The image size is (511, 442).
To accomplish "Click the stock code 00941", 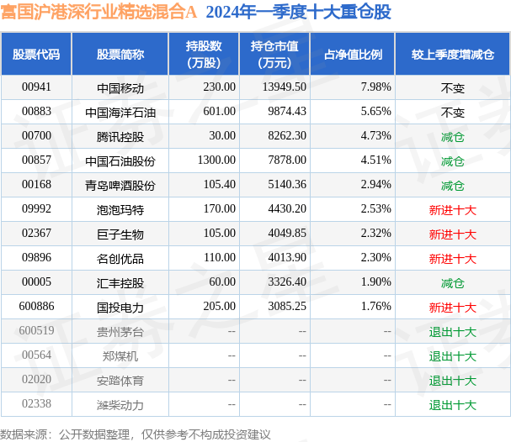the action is tap(36, 87).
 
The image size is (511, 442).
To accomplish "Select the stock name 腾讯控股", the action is tap(120, 137).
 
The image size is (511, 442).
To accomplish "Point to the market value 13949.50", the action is tap(285, 87).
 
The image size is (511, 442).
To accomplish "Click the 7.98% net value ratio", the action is tap(375, 87).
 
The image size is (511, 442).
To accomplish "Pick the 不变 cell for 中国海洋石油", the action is tap(453, 113).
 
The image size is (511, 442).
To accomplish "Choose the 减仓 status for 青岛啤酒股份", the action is tap(453, 186).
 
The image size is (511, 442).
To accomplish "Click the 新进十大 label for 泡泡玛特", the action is tap(453, 210).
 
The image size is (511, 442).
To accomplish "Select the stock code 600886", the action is tap(36, 307).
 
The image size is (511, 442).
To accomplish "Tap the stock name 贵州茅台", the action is tap(120, 332).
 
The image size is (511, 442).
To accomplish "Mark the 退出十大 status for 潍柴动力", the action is tap(453, 405).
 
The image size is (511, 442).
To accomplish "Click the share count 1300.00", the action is tap(216, 160).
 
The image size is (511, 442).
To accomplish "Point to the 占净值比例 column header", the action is tap(353, 55).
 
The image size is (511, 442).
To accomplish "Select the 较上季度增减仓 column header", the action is tap(453, 55).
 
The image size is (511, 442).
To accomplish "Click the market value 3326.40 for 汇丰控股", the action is tap(287, 282).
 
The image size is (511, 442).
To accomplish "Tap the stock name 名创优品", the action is tap(120, 259).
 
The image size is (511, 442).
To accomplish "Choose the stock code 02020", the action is tap(36, 379).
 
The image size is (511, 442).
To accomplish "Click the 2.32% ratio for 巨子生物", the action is tap(375, 234).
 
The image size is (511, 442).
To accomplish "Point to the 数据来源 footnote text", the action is tap(136, 434).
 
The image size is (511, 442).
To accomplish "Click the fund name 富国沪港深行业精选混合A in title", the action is tap(98, 12).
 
